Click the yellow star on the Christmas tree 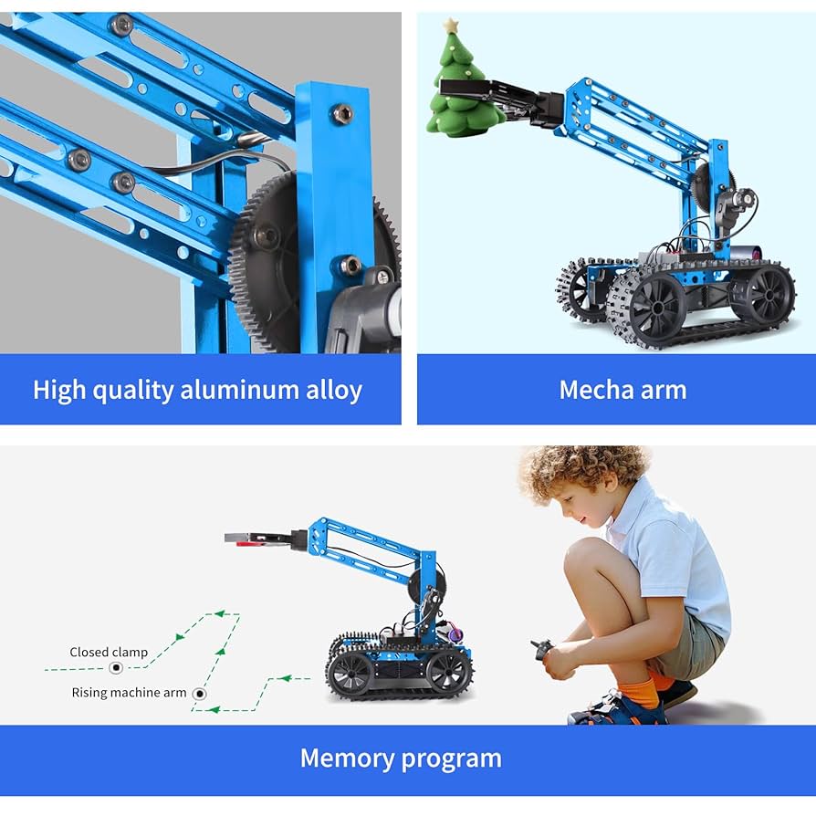[x=450, y=26]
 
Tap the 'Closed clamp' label [x=109, y=652]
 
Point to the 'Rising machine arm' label [x=129, y=693]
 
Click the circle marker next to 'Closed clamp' [x=116, y=668]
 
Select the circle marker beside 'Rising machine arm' [x=200, y=694]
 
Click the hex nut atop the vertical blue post [x=342, y=113]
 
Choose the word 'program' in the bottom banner [x=453, y=758]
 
